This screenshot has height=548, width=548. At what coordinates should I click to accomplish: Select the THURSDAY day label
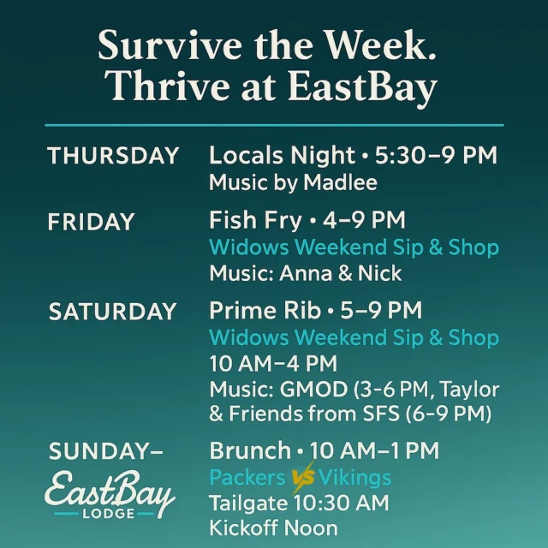pyautogui.click(x=113, y=156)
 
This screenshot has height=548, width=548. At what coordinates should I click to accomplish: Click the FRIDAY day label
pyautogui.click(x=91, y=222)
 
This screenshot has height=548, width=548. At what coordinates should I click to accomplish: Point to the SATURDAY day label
pyautogui.click(x=112, y=312)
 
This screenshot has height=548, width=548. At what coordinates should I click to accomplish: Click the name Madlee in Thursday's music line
pyautogui.click(x=340, y=182)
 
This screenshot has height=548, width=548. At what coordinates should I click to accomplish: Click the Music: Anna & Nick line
pyautogui.click(x=305, y=274)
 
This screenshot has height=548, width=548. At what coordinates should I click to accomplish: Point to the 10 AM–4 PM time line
pyautogui.click(x=273, y=363)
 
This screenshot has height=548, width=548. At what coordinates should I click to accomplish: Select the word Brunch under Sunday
pyautogui.click(x=249, y=451)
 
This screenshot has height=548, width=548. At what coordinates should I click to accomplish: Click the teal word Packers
pyautogui.click(x=248, y=477)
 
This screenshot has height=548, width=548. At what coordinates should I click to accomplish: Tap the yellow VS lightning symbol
pyautogui.click(x=301, y=478)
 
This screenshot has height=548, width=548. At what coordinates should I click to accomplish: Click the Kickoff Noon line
pyautogui.click(x=272, y=527)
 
